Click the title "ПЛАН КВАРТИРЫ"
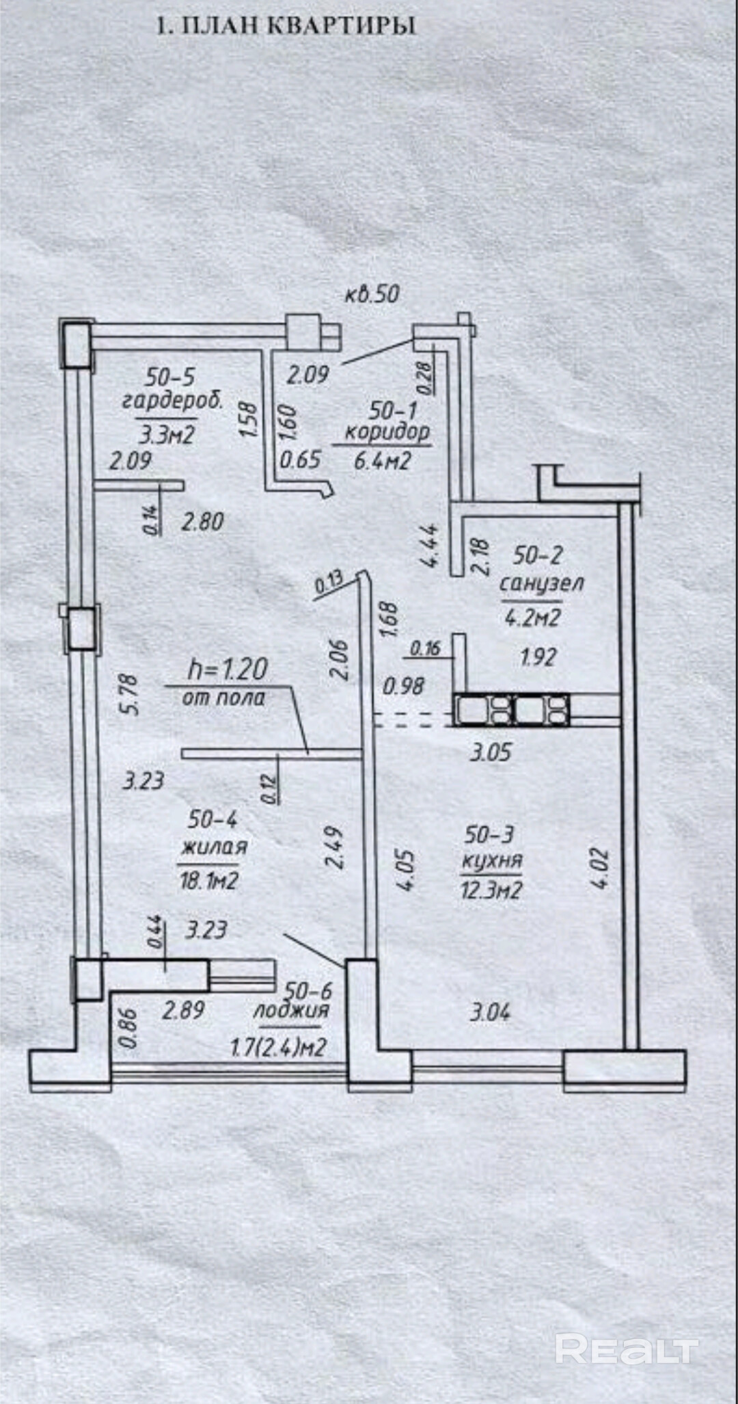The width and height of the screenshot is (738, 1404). point(299,26)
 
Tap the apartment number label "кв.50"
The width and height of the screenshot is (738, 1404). point(371,294)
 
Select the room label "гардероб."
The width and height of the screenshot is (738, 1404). point(172,400)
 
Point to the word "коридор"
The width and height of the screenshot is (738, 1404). point(387,432)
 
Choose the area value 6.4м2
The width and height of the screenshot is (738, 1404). point(382,460)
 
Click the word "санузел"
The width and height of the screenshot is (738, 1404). point(541,583)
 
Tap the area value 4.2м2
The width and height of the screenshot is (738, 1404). point(532,618)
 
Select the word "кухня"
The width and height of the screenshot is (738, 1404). point(492,860)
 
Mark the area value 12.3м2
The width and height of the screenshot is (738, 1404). point(491,890)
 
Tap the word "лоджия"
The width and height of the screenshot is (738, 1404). point(291,1011)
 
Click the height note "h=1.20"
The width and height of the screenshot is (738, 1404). point(228,669)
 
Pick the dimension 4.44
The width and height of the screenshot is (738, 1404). point(432,544)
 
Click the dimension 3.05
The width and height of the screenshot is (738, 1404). point(491,752)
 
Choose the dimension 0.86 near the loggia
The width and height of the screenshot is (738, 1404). point(128,1029)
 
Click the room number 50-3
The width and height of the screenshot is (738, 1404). point(489,834)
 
